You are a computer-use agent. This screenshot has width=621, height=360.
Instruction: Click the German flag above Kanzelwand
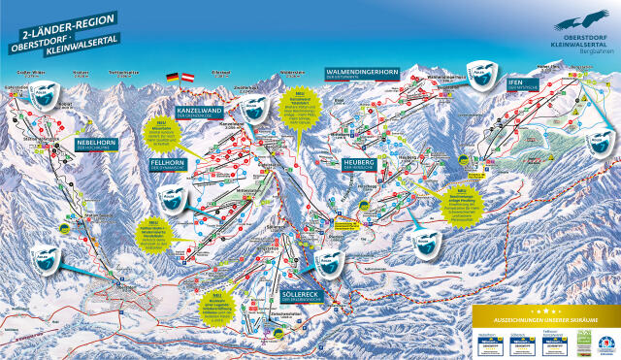pyautogui.click(x=173, y=77)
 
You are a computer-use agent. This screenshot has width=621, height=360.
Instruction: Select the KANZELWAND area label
pyautogui.click(x=207, y=113)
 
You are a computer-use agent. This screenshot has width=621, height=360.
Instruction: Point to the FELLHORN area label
pyautogui.click(x=170, y=162)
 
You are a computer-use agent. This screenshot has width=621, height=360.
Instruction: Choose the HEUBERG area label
pyautogui.click(x=359, y=162)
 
